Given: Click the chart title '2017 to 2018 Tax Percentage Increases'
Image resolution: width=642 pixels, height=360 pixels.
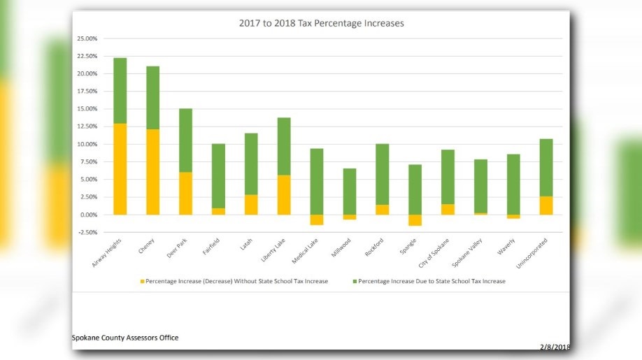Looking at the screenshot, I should [321, 23].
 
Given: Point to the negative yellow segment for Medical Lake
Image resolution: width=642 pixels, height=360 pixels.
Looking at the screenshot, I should [317, 219].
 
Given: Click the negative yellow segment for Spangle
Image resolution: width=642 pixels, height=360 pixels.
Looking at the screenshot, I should [415, 220].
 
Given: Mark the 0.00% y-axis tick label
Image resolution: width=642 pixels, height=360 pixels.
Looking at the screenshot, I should [88, 215].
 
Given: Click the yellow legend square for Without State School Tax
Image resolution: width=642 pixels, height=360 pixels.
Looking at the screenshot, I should [142, 282].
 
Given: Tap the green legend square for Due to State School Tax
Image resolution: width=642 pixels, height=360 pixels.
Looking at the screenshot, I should [355, 282].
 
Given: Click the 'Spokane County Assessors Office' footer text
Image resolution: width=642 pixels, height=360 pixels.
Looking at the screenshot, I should [125, 338].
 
